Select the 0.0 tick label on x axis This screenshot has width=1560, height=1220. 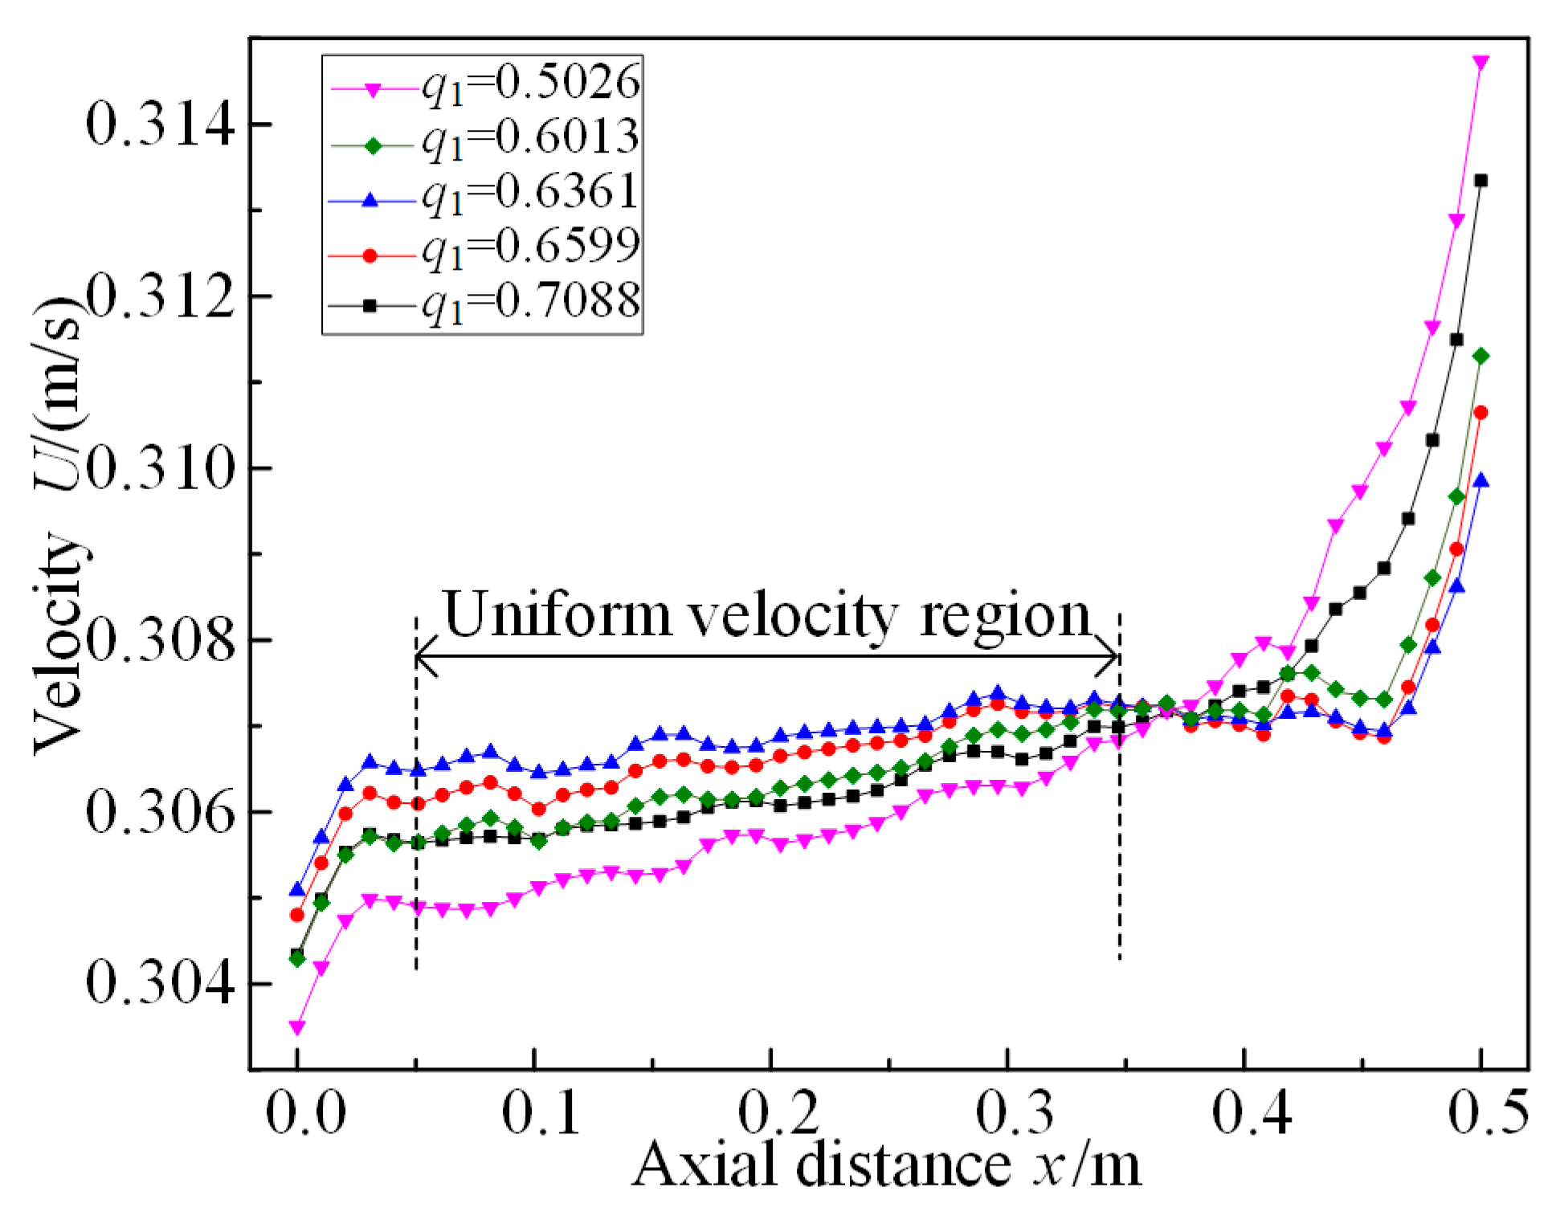coord(306,1114)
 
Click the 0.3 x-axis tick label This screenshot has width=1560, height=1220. coord(1015,1114)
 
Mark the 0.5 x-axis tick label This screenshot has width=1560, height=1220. coord(1489,1114)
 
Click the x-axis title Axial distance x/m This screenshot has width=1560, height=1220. coord(886,1165)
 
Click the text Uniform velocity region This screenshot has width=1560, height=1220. coord(767,616)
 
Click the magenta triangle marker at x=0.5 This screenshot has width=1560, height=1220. coord(1480,63)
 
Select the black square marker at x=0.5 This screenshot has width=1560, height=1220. coord(1480,181)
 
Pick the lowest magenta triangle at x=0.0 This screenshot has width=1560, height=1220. coord(297,1028)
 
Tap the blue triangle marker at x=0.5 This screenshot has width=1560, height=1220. coord(1480,481)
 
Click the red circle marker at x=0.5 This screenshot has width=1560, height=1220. coord(1480,413)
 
